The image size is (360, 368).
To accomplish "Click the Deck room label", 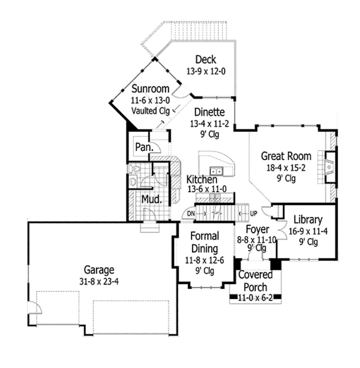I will pos(205,59).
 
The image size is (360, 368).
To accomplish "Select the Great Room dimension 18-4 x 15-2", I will pos(284,167).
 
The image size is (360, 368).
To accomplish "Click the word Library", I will pos(308,219).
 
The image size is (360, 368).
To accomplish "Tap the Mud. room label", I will pos(151,199).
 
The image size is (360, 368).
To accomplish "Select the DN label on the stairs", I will pos(191,213).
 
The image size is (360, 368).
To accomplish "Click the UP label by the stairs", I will pos(253,213).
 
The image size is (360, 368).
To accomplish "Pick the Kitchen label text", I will pos(202,179).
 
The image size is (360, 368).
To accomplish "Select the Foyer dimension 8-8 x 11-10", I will pos(257,239).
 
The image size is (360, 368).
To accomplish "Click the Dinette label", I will pos(208,112).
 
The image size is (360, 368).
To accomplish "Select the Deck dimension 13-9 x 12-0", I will pos(205,70).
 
